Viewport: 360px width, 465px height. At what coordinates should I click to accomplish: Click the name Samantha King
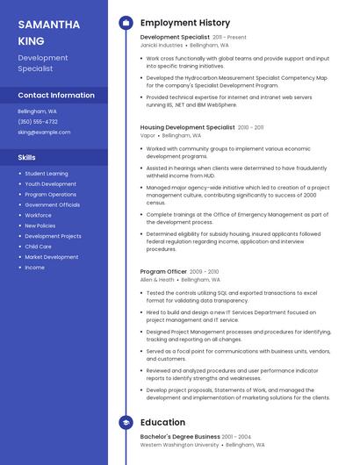coord(49,32)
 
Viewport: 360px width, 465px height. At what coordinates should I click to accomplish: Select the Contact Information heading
coord(56,95)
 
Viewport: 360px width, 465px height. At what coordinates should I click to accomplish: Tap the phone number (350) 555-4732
coord(38,122)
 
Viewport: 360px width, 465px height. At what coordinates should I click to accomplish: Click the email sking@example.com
coord(44,132)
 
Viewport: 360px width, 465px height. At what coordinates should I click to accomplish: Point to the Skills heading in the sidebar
coord(27,157)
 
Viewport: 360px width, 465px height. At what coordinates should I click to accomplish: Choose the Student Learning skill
coord(46,174)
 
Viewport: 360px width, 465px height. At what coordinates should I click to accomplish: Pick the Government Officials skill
coord(53,204)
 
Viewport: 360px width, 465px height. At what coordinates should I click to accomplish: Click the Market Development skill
coord(51,257)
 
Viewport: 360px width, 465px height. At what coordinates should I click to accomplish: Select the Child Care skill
coord(38,247)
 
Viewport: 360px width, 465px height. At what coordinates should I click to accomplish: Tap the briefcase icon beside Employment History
coord(126,23)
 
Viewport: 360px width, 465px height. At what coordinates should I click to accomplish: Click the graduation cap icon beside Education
coord(126,423)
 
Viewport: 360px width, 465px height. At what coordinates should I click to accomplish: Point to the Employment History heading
coord(185,23)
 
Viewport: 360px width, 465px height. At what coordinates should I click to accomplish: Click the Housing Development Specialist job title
coord(187,127)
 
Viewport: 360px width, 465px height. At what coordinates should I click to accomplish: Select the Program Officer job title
coord(162,272)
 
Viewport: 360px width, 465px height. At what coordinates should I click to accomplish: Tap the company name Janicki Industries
coord(162,45)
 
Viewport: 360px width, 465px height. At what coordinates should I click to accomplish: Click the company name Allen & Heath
coord(157,280)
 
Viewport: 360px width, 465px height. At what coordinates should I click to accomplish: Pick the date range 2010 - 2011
coord(250,127)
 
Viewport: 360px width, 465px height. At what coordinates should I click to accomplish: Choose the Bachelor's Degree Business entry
coord(180,436)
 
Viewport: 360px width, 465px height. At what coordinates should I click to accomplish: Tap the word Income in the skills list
coord(34,268)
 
